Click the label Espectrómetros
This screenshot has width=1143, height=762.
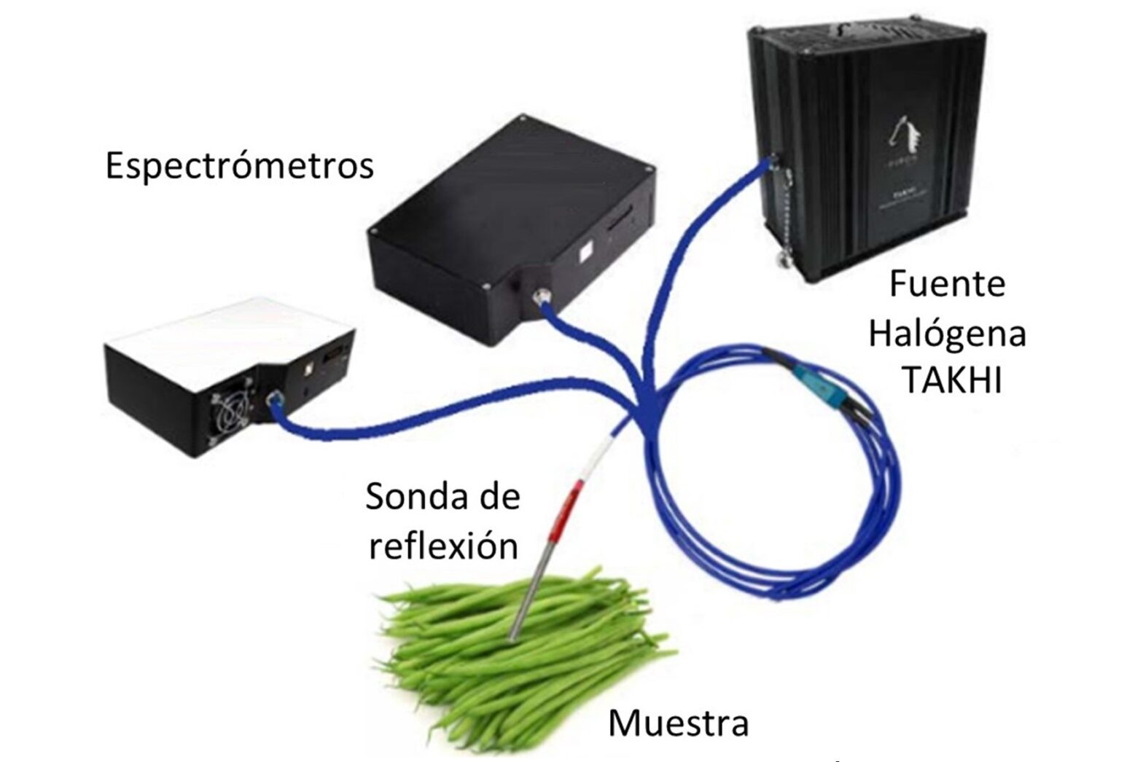[x=239, y=167]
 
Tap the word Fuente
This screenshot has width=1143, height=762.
[x=947, y=284]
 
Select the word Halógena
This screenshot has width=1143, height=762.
[x=948, y=334]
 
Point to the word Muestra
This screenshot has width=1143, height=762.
[x=678, y=724]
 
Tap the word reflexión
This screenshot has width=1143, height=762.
[x=444, y=545]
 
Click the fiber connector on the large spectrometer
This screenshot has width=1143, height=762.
[x=541, y=296]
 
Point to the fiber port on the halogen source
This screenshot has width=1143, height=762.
[x=765, y=162]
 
